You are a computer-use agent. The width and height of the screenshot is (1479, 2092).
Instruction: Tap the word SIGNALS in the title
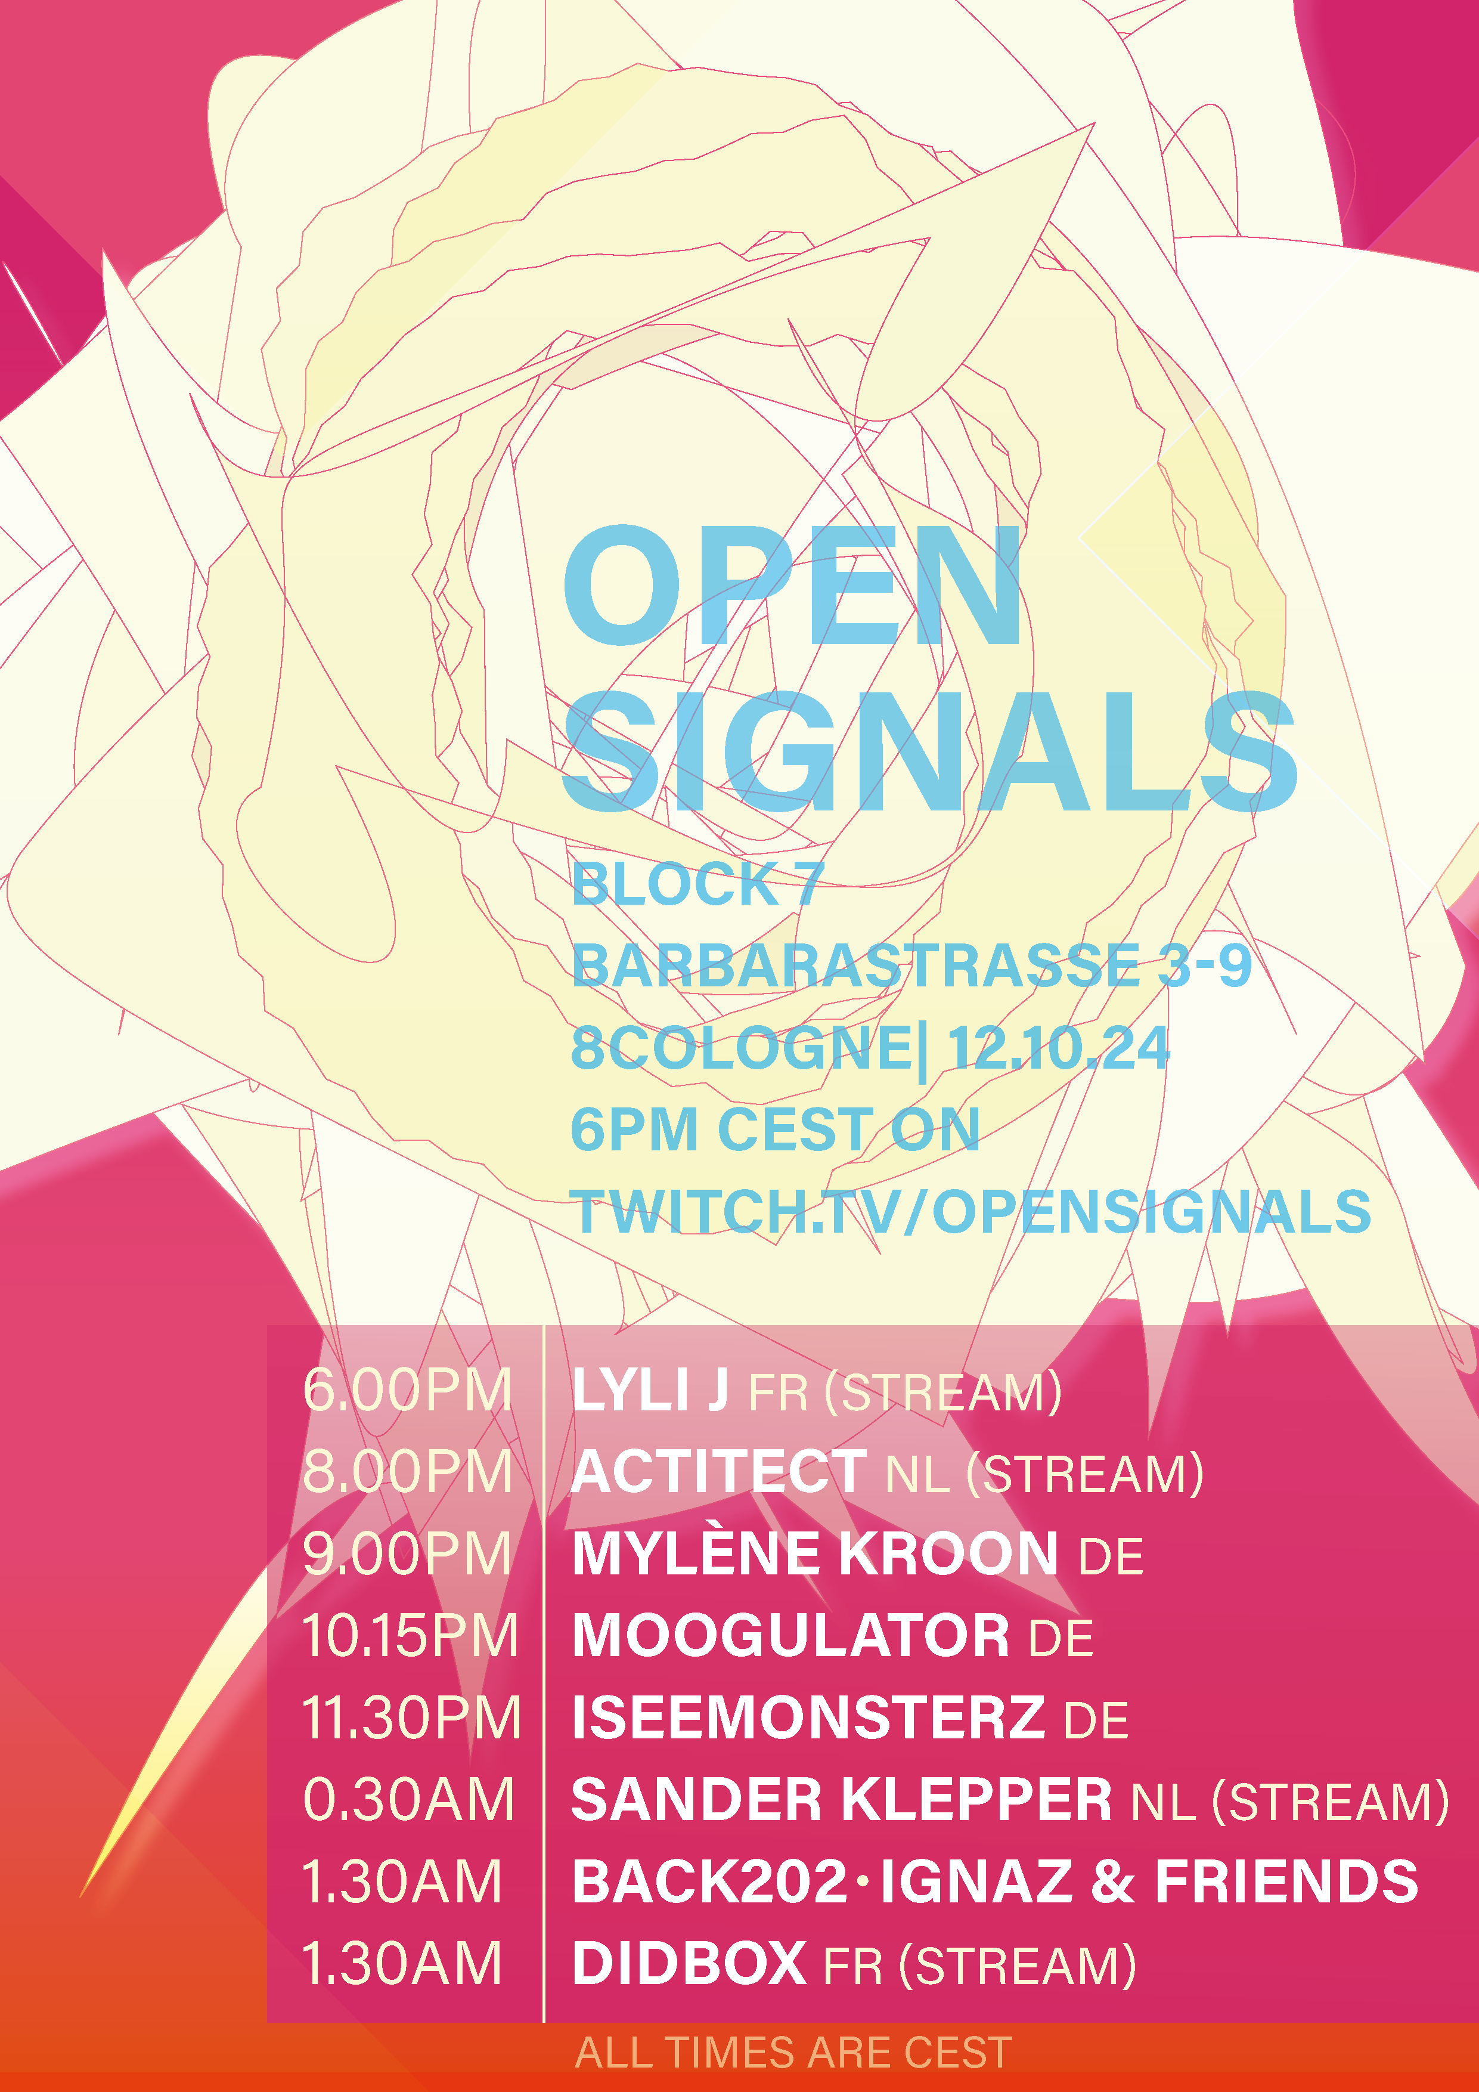[x=929, y=751]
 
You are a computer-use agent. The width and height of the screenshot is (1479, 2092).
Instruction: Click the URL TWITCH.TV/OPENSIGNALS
[x=971, y=1211]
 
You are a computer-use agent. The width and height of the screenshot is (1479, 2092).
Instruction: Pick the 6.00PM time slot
[x=407, y=1391]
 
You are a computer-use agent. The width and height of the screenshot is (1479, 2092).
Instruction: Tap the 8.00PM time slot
[x=407, y=1472]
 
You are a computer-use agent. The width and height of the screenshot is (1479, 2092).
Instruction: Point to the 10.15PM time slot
[x=410, y=1636]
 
